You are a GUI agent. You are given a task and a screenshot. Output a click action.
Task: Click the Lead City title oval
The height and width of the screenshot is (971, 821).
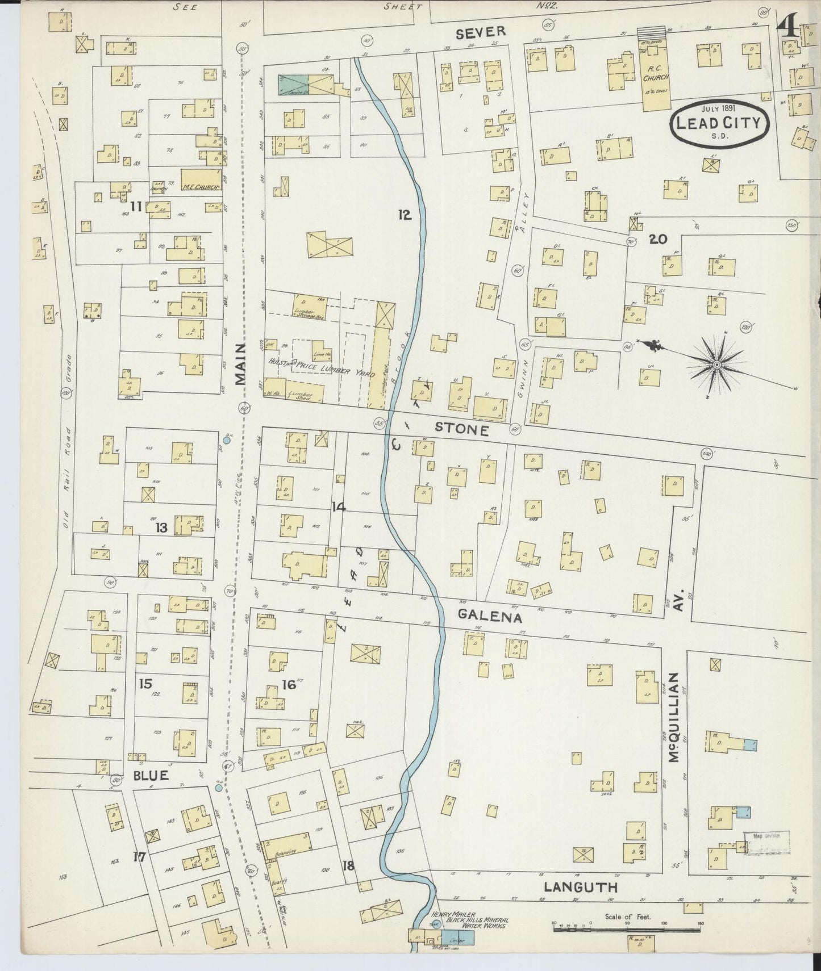(x=720, y=122)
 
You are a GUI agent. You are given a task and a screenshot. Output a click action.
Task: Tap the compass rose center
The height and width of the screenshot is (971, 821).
(x=717, y=364)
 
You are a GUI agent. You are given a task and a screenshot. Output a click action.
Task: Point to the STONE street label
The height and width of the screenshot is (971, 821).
(x=461, y=430)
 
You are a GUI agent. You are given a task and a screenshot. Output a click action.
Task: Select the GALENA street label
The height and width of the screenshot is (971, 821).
(x=490, y=616)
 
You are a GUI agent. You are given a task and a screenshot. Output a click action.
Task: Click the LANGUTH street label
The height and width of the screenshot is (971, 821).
(x=581, y=887)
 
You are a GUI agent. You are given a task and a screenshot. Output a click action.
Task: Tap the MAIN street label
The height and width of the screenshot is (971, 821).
(x=241, y=365)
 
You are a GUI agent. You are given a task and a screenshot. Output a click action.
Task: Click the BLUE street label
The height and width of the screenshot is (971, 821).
(x=151, y=775)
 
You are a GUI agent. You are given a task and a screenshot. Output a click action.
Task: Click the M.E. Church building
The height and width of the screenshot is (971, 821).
(x=201, y=179)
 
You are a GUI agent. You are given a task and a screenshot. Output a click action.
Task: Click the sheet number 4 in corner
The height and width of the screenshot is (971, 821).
(x=789, y=26)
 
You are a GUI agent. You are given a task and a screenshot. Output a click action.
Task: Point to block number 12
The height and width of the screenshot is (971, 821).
(x=405, y=215)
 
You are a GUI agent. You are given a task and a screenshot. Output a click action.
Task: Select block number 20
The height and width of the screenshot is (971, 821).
(x=658, y=240)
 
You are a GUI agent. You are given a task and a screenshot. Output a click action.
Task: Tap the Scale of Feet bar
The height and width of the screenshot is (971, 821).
(x=628, y=925)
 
